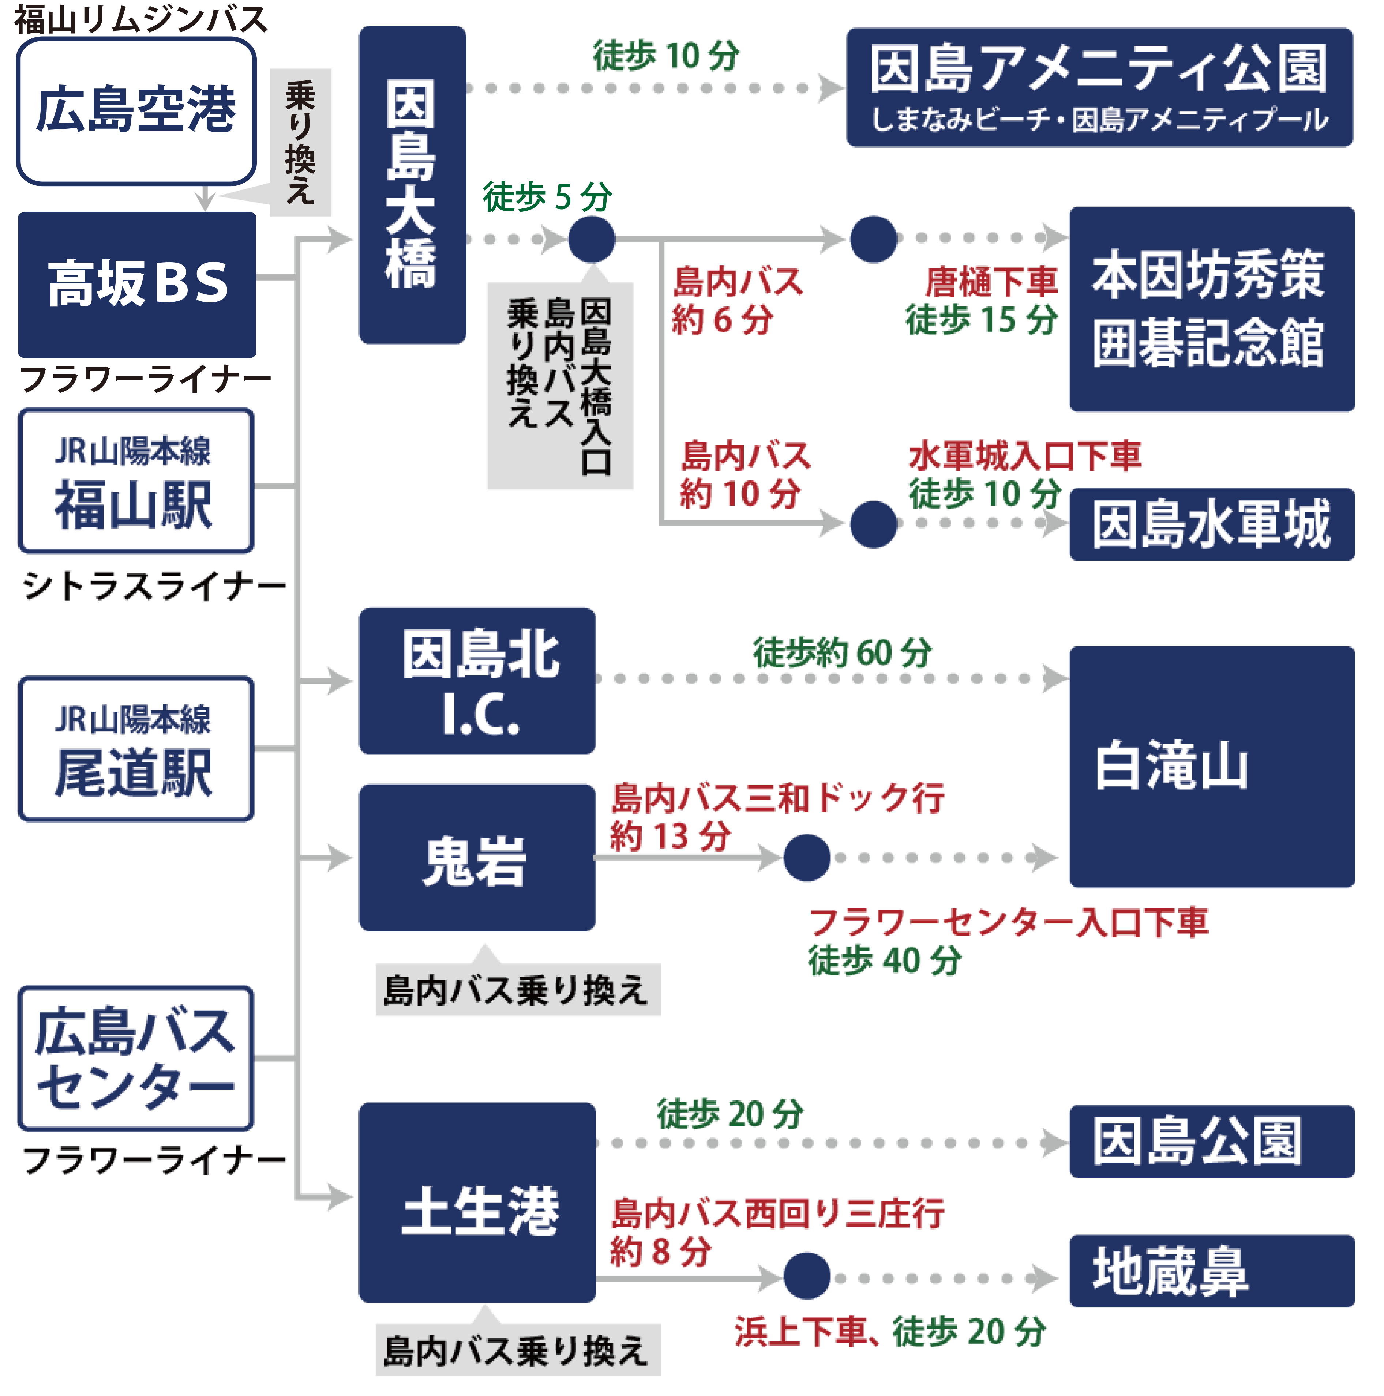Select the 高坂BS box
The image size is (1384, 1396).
coord(136,284)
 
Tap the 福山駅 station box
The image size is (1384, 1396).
coord(135,481)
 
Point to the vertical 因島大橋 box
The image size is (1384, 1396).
coord(412,185)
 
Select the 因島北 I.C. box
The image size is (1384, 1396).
coord(477,681)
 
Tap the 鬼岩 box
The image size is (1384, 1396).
coord(477,858)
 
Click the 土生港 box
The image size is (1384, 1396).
coord(477,1203)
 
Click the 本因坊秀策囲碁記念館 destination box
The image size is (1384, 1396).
coord(1211,309)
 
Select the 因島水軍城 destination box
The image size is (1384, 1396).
coord(1211,524)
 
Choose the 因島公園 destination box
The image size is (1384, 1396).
coord(1211,1142)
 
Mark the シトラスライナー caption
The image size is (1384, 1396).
coord(154,585)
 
